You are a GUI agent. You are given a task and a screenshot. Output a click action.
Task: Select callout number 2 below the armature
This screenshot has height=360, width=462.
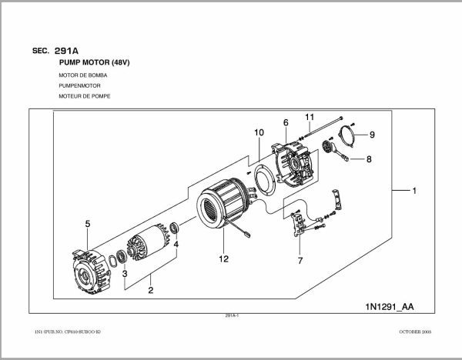pyautogui.click(x=150, y=290)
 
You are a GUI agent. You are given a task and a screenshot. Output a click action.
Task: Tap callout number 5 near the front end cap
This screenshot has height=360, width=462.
pyautogui.click(x=88, y=224)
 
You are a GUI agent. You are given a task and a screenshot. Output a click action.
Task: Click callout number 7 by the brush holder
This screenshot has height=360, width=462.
pyautogui.click(x=299, y=261)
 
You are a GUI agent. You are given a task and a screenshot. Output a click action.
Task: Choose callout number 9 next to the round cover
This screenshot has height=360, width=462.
pyautogui.click(x=371, y=135)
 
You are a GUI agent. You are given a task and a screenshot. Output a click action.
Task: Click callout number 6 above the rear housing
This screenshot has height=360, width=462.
pyautogui.click(x=285, y=122)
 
